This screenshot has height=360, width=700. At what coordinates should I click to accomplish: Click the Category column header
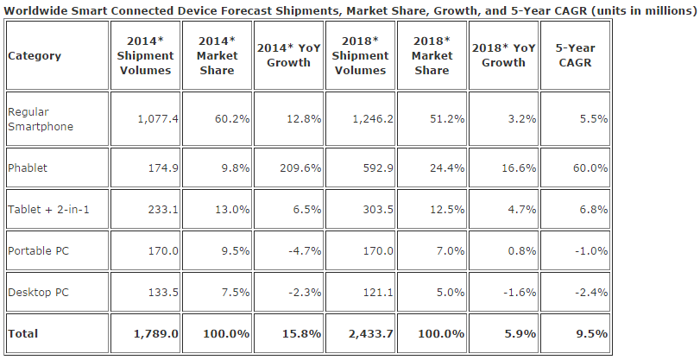pyautogui.click(x=34, y=56)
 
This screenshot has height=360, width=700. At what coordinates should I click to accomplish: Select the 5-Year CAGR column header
pyautogui.click(x=575, y=55)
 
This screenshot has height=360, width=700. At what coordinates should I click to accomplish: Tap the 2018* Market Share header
pyautogui.click(x=432, y=55)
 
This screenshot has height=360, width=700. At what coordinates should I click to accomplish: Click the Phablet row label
pyautogui.click(x=28, y=168)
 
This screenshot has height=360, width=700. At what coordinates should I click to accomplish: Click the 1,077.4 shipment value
pyautogui.click(x=157, y=119)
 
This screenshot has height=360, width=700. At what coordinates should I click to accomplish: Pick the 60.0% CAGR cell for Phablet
pyautogui.click(x=590, y=168)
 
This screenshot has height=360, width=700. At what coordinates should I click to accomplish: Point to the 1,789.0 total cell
pyautogui.click(x=156, y=333)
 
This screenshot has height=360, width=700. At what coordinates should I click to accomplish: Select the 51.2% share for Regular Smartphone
pyautogui.click(x=447, y=119)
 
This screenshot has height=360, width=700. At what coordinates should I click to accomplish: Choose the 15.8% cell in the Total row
pyautogui.click(x=304, y=333)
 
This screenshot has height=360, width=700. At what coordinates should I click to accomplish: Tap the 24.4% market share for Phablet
pyautogui.click(x=447, y=168)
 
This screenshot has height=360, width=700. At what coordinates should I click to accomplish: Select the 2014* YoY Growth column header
pyautogui.click(x=289, y=55)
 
